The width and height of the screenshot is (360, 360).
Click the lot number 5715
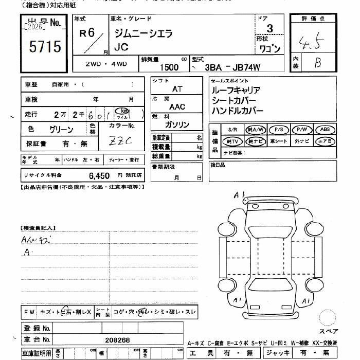point(45,47)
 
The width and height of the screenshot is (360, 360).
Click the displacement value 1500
point(169,67)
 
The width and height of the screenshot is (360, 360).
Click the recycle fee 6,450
point(99,175)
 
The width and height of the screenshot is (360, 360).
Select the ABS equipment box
point(325,130)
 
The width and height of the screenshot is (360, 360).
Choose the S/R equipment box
point(232,130)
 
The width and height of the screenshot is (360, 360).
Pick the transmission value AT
point(177,89)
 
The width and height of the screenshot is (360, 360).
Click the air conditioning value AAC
point(177,107)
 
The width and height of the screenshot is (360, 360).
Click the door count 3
point(270,29)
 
